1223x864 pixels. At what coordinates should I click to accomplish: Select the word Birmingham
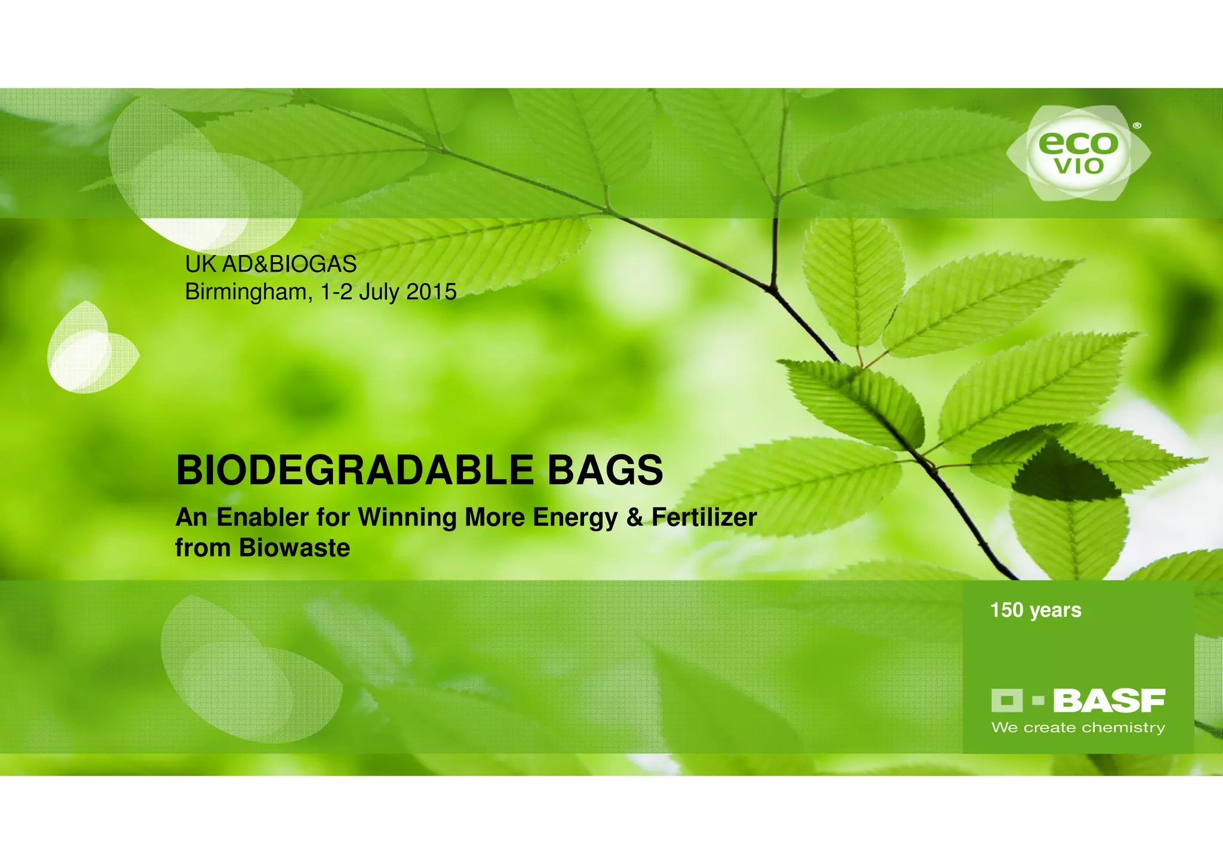pos(247,292)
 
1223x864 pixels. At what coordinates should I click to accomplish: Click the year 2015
pos(431,292)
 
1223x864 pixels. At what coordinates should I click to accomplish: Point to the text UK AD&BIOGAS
pos(271,264)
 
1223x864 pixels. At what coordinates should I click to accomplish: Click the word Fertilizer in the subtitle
pos(704,517)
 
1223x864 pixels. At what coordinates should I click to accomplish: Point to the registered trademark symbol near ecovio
pos(1137,126)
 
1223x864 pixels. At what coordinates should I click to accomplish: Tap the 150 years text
pos(1035,610)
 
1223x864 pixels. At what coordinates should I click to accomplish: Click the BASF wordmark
pos(1109,701)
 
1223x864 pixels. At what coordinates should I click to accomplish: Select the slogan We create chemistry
pos(1078,728)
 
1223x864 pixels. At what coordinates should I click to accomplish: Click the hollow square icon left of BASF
pos(1007,700)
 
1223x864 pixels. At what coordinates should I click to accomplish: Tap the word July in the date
pos(379,292)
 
